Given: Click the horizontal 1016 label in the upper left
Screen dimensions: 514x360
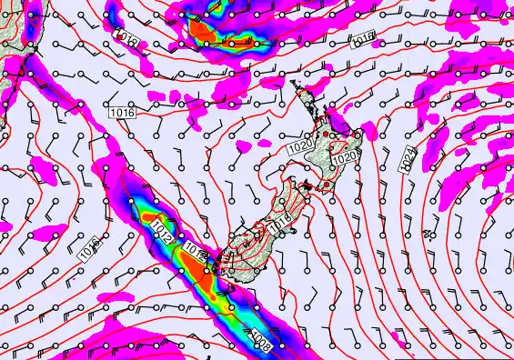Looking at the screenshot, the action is click(x=122, y=113).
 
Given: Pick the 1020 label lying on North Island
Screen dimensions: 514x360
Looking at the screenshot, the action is click(x=343, y=158).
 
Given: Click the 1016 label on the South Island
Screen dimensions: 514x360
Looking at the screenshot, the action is click(x=280, y=219).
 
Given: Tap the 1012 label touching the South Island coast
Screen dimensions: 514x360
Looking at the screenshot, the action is click(x=197, y=250).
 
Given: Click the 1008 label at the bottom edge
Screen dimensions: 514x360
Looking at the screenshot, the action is click(x=260, y=340).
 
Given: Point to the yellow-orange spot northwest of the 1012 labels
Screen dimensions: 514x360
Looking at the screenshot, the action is click(x=149, y=217).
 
